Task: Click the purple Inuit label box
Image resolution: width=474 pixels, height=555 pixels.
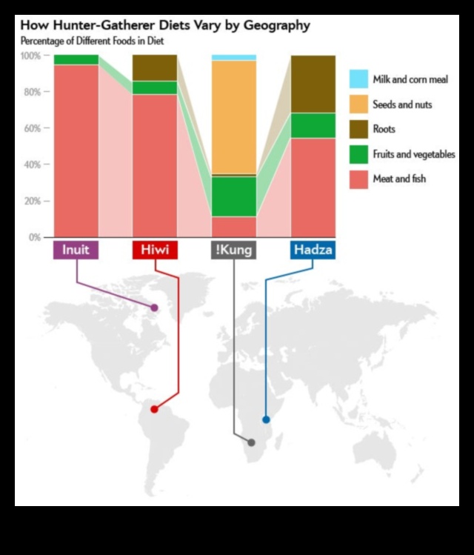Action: click(x=76, y=250)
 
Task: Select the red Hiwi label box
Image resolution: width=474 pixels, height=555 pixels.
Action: click(x=155, y=250)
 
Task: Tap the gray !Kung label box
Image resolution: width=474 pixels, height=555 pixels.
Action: click(x=233, y=250)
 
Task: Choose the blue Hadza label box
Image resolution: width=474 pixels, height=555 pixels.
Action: click(x=312, y=250)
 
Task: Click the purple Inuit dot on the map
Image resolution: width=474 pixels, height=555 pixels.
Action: click(x=154, y=308)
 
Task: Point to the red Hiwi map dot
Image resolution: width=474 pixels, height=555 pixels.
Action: click(x=154, y=409)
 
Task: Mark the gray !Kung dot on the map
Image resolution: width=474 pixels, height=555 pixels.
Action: click(x=251, y=442)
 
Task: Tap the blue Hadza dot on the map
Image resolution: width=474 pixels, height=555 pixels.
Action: click(x=266, y=419)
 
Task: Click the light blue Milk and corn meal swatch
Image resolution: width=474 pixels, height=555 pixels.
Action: click(x=358, y=79)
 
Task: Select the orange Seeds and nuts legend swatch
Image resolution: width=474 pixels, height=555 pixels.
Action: click(x=358, y=104)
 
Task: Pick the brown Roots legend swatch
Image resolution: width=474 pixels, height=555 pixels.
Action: click(x=358, y=129)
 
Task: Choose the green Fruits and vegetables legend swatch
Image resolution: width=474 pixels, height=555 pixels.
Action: click(x=358, y=154)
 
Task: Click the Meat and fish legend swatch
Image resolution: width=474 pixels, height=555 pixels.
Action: click(x=358, y=179)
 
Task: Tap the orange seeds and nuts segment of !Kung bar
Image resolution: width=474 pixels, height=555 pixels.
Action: click(x=234, y=117)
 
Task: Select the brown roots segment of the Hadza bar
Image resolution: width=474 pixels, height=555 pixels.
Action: click(x=313, y=84)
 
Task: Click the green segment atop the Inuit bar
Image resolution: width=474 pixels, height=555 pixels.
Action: click(x=76, y=59)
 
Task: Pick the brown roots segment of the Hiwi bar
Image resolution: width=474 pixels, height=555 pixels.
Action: click(x=155, y=67)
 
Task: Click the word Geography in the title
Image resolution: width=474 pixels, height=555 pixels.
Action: click(x=272, y=25)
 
